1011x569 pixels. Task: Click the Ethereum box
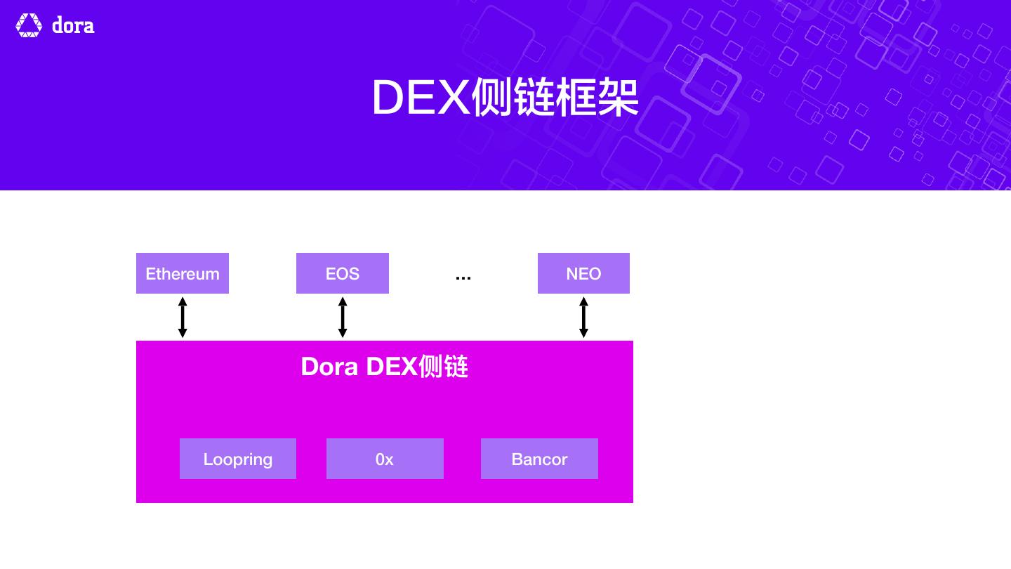183,273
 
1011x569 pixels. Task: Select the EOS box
343,273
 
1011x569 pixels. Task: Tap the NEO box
583,273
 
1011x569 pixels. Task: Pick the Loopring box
238,459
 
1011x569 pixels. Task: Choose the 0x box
385,459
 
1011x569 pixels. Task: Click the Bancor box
539,459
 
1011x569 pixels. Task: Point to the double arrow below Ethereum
183,318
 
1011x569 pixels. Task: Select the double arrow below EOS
343,318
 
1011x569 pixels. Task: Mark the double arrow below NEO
583,318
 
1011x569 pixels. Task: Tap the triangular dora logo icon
29,25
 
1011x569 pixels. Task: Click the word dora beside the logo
73,26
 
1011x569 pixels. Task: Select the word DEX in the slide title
421,98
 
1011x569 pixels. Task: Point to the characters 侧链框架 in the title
555,98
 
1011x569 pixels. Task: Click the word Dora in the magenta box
329,367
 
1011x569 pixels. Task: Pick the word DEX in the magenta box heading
392,367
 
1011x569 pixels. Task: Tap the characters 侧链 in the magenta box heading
443,367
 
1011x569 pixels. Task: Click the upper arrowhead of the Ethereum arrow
183,301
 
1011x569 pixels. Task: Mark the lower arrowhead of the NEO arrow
583,333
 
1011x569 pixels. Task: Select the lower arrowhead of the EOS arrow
343,333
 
